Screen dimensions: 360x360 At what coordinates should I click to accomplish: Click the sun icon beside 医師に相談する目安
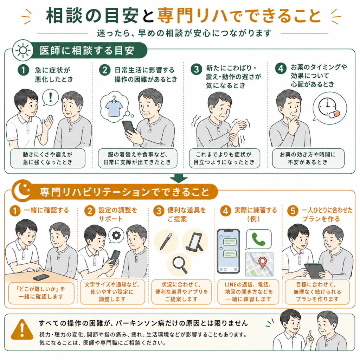click(x=23, y=50)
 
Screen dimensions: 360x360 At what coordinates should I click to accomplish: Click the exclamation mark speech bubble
click(x=51, y=98)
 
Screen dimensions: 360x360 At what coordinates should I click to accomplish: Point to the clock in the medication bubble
click(x=327, y=107)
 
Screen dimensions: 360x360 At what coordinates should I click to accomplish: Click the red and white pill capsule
click(x=334, y=114)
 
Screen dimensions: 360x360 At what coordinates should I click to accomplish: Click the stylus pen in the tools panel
click(x=166, y=241)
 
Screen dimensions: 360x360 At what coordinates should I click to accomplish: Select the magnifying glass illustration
click(x=180, y=265)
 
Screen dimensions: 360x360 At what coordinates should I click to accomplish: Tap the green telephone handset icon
click(x=258, y=239)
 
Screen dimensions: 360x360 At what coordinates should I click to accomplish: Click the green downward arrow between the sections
click(x=178, y=178)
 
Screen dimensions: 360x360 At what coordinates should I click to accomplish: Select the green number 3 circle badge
click(x=196, y=69)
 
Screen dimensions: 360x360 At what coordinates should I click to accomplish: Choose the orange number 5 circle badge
click(x=293, y=211)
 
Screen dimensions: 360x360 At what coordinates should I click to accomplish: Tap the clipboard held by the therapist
click(x=315, y=271)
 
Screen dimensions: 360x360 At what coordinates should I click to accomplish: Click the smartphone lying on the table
click(x=41, y=277)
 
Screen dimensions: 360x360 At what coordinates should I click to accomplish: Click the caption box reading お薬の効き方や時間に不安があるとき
click(x=308, y=158)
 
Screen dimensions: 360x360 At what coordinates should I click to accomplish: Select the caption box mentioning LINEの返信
click(x=248, y=292)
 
